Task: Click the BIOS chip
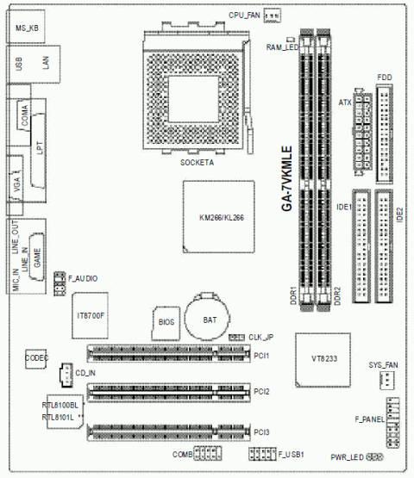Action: pyautogui.click(x=167, y=321)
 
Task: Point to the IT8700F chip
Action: pyautogui.click(x=90, y=317)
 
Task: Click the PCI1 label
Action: pyautogui.click(x=262, y=355)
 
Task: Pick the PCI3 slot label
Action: pyautogui.click(x=262, y=431)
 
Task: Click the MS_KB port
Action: pyautogui.click(x=28, y=29)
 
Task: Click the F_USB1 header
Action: pyautogui.click(x=262, y=453)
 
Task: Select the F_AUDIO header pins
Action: pyautogui.click(x=60, y=282)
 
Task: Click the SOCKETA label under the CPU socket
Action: pyautogui.click(x=198, y=162)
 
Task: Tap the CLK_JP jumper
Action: pyautogui.click(x=237, y=337)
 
